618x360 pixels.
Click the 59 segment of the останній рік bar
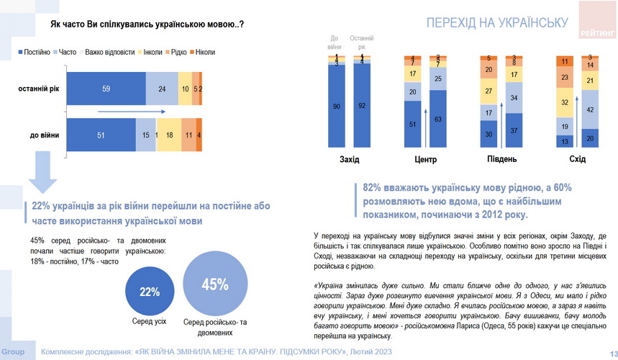(106, 89)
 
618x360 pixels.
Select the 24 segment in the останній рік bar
(161, 89)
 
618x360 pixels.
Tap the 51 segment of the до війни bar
(100, 135)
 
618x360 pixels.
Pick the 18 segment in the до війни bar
(168, 135)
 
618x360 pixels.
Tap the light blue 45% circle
(215, 284)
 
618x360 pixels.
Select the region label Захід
(349, 158)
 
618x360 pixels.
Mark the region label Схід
(577, 158)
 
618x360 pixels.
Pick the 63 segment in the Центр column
(437, 119)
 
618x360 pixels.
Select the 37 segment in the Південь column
(514, 130)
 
